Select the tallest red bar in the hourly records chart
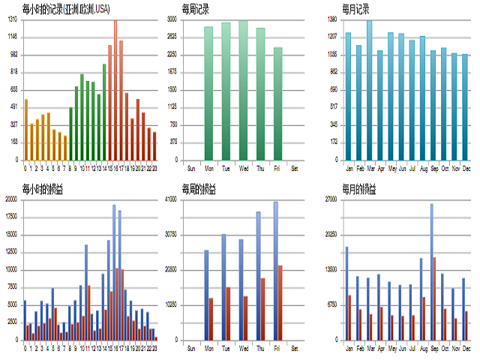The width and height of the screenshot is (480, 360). click(x=115, y=90)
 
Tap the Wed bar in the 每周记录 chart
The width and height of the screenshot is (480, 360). click(x=243, y=90)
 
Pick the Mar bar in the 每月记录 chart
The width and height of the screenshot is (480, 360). click(x=369, y=90)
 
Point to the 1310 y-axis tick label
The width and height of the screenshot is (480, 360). click(x=13, y=20)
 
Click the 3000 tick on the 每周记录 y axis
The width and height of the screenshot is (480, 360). click(x=172, y=20)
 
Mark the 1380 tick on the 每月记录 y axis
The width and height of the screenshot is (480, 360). click(x=333, y=20)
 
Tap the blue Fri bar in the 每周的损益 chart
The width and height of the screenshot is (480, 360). click(x=275, y=271)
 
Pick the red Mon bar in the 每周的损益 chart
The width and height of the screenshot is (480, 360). click(x=211, y=319)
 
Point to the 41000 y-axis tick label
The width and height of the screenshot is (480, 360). click(x=171, y=199)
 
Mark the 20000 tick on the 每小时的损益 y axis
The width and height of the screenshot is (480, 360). click(x=10, y=199)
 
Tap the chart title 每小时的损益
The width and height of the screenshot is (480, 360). click(x=42, y=188)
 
